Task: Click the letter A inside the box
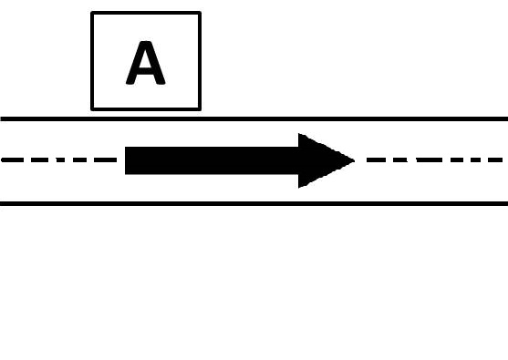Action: tap(145, 63)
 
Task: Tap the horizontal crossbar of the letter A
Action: tap(145, 68)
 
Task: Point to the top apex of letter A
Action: tap(145, 42)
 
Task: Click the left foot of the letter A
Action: tap(130, 83)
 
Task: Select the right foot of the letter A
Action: tap(161, 83)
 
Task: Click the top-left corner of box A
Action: tap(92, 12)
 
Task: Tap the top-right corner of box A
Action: tap(200, 12)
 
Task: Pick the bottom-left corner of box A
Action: tap(92, 109)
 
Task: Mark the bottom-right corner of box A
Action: tap(200, 109)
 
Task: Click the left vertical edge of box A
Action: tap(92, 61)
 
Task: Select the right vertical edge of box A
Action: tap(200, 61)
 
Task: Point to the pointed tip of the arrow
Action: tap(355, 160)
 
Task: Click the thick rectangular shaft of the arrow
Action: tap(212, 160)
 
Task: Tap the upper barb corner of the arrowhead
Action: tap(299, 134)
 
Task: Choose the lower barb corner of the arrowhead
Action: tap(299, 187)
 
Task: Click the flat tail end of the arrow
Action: tap(126, 160)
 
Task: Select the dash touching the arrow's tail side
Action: tap(105, 159)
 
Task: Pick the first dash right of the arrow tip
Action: tap(376, 159)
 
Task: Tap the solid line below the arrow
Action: tap(254, 203)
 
